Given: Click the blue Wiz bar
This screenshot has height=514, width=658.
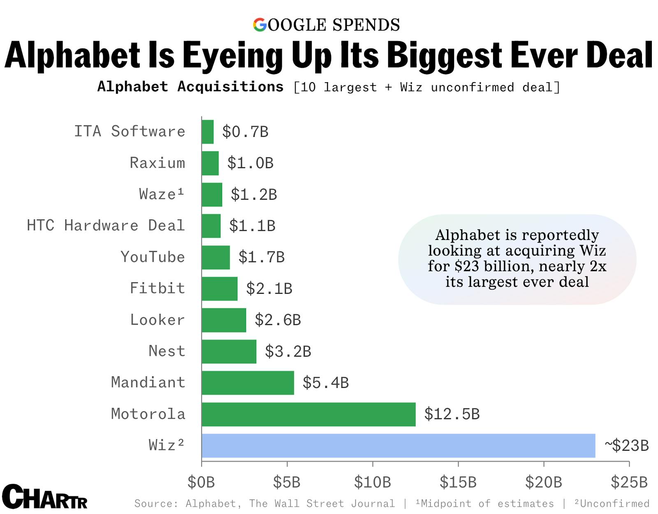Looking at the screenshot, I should (x=398, y=445).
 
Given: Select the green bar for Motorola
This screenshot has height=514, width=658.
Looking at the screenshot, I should (x=308, y=414).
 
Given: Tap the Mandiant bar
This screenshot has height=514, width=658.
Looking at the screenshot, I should (x=248, y=383).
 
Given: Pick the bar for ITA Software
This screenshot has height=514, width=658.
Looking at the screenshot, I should (x=208, y=132).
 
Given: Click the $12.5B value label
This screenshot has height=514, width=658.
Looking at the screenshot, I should (x=452, y=414).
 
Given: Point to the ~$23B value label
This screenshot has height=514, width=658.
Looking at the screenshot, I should (x=626, y=445).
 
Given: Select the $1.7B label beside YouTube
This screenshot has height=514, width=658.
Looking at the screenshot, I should (x=261, y=257).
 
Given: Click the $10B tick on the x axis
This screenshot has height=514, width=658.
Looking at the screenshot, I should (x=373, y=482).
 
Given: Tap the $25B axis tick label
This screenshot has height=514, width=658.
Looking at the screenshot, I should (x=629, y=482).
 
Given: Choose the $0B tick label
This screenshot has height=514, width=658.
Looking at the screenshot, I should (x=201, y=482).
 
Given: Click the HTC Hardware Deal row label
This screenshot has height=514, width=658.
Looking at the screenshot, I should (x=106, y=226).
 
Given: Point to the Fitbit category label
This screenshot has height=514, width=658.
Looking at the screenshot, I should (x=157, y=288).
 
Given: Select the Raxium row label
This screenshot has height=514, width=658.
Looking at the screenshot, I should (x=157, y=163).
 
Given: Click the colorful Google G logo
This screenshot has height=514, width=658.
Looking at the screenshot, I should (x=260, y=25).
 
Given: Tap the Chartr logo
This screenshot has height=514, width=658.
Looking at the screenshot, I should (x=44, y=497).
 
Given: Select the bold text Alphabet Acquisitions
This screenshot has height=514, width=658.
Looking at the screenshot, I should (x=190, y=87).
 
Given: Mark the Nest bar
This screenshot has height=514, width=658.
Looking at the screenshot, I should (x=229, y=351).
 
